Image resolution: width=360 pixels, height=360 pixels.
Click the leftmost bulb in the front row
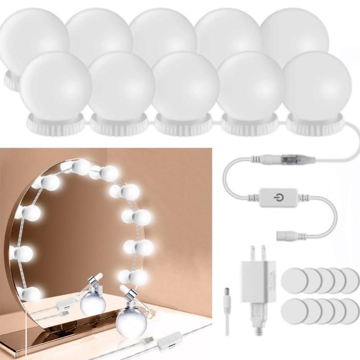point(56,86)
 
